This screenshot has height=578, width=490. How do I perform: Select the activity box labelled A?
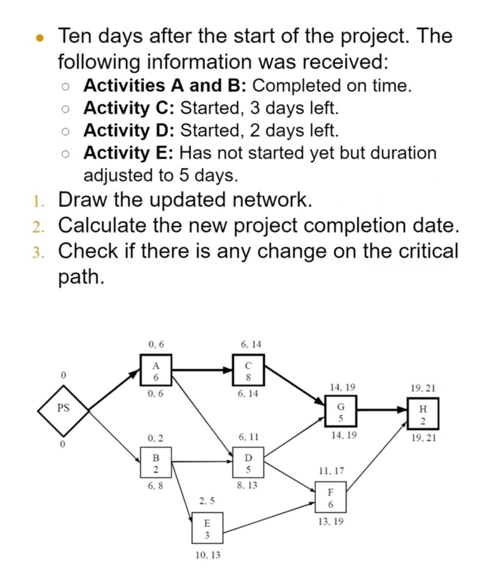point(156,371)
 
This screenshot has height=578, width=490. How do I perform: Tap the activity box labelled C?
point(248,371)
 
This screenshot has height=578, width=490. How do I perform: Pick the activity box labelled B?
point(156,462)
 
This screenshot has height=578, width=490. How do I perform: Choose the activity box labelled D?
point(248,462)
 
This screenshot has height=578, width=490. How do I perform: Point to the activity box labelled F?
point(330,498)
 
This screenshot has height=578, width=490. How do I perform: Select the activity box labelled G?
point(341,411)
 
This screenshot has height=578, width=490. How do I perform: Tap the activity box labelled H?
point(422,413)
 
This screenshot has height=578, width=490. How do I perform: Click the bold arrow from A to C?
point(202,370)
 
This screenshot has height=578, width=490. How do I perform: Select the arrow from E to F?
point(269,517)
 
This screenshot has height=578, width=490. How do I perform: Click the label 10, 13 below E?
point(208,555)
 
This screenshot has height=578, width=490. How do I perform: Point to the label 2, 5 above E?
point(207,501)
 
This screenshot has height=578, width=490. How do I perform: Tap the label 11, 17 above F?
point(331,471)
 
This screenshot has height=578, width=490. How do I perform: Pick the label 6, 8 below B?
point(156,486)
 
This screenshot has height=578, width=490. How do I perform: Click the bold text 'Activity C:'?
point(130,108)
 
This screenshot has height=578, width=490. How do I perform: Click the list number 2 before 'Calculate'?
point(38,226)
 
